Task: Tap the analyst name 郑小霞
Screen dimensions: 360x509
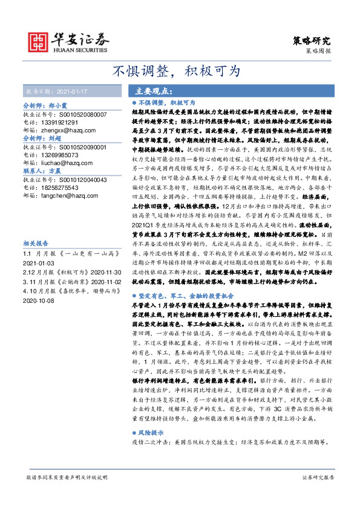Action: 58,105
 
